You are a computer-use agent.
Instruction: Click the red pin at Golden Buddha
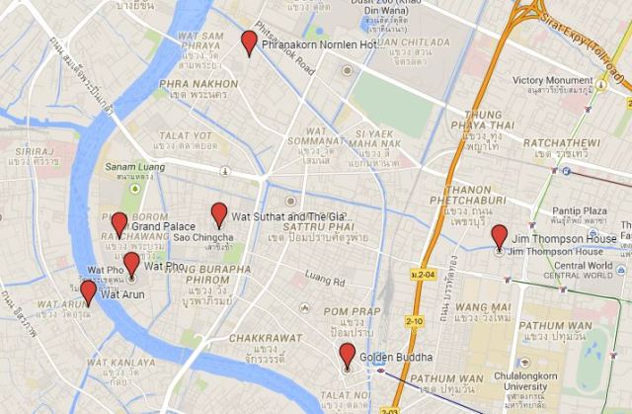pyautogui.click(x=347, y=355)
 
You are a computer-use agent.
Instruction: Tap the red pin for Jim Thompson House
pyautogui.click(x=499, y=236)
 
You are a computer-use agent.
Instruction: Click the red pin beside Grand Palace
pyautogui.click(x=118, y=223)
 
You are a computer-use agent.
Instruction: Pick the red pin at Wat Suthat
pyautogui.click(x=219, y=213)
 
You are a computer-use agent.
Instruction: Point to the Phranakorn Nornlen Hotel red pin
pyautogui.click(x=250, y=42)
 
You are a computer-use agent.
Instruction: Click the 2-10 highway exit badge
pyautogui.click(x=417, y=321)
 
